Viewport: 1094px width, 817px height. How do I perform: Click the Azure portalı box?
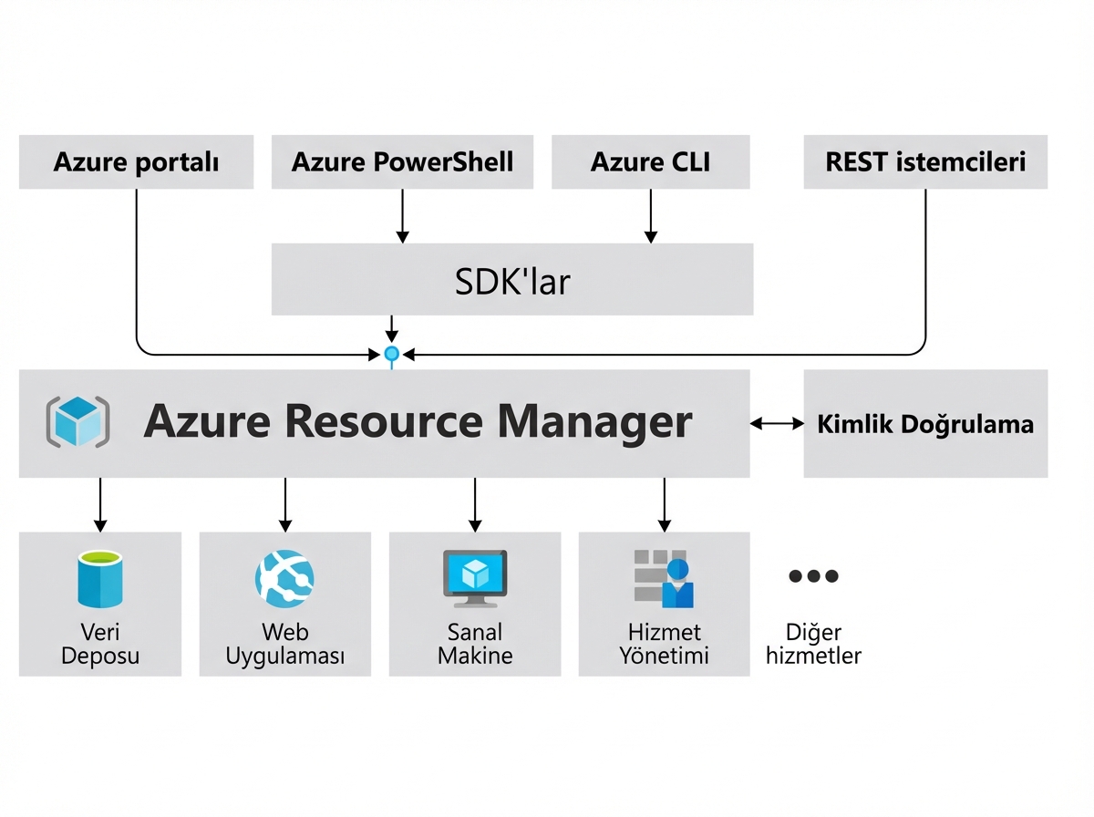click(x=136, y=162)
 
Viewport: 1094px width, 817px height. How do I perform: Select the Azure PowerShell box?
click(x=402, y=162)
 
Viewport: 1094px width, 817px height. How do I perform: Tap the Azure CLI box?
click(x=650, y=162)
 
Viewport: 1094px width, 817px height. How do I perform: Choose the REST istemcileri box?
click(x=925, y=162)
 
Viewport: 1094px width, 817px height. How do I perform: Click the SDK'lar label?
click(x=512, y=281)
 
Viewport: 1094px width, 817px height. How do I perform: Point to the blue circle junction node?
click(x=392, y=353)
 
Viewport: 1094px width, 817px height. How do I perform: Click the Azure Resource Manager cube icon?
click(x=77, y=422)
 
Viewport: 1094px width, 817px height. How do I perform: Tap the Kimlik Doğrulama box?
click(x=925, y=424)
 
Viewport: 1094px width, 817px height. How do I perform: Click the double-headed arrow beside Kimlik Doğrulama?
click(x=777, y=423)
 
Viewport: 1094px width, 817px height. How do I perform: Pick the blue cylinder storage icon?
click(x=100, y=578)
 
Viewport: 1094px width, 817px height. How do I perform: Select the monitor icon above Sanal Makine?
click(x=474, y=578)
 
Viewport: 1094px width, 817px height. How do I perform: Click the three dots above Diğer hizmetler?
click(x=812, y=575)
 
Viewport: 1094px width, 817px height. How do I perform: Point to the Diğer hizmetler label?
click(x=813, y=644)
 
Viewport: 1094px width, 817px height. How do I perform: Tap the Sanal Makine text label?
click(x=474, y=644)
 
